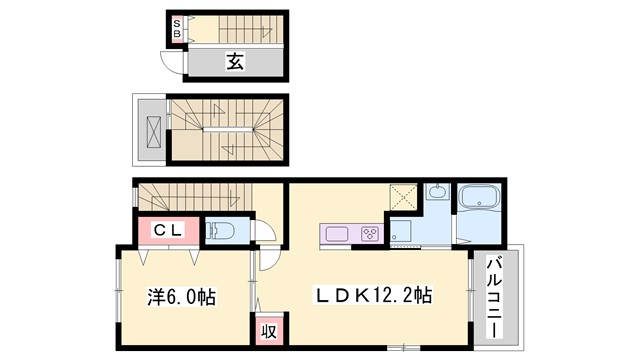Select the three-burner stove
(x=367, y=235)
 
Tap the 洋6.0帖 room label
(x=180, y=297)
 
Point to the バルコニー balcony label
(x=495, y=296)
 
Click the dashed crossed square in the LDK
(x=401, y=197)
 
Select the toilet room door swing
(x=263, y=232)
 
